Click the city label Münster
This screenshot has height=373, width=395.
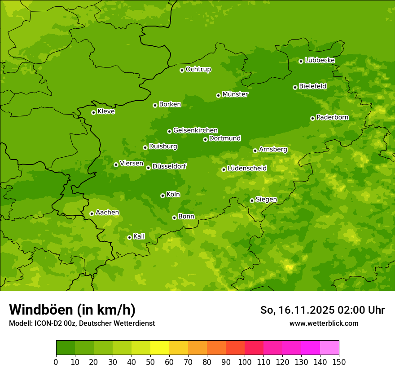pos(235,94)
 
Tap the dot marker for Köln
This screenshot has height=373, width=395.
pos(162,195)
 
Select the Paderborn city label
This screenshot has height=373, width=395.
pos(332,117)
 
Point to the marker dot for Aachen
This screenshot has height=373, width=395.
pos(92,213)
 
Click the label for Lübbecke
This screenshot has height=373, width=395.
pos(320,60)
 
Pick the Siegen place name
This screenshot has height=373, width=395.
pos(266,200)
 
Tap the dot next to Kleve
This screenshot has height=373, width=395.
pos(93,112)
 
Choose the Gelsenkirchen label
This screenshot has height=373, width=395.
pos(195,130)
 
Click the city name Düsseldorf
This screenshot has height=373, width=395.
pos(169,166)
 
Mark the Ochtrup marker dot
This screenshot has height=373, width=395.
pos(182,70)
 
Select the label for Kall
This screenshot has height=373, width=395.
pos(139,236)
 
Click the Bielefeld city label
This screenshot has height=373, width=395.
pos(312,86)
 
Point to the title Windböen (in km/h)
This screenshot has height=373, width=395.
pos(72,310)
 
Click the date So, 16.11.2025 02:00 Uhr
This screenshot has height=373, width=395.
pos(322,310)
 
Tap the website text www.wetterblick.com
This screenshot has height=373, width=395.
pos(324,323)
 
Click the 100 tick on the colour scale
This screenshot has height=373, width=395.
pos(245,361)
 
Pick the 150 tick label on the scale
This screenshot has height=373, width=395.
pos(338,361)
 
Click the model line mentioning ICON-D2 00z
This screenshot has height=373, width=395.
pos(82,323)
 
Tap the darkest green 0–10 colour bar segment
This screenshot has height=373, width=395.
pos(66,348)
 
